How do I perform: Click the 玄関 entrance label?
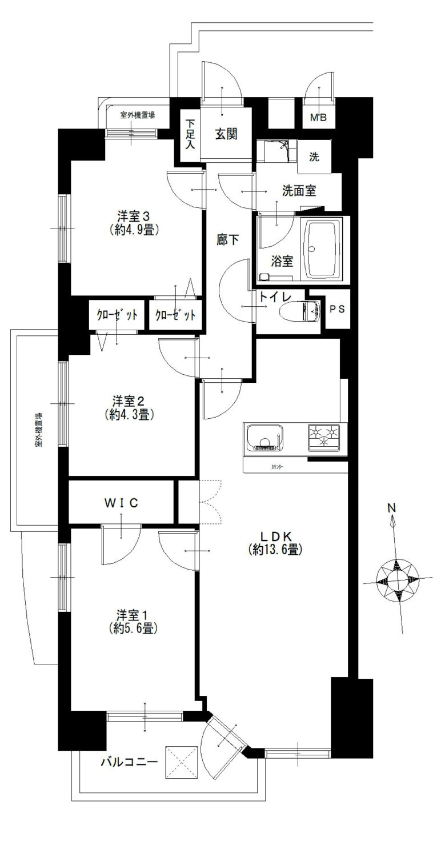226,134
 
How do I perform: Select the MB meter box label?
318,118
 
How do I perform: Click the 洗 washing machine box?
314,157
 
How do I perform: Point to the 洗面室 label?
299,190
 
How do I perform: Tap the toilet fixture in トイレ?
300,311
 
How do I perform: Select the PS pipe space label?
337,309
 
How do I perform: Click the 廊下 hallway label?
228,239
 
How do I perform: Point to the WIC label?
121,503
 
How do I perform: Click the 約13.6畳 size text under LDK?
275,550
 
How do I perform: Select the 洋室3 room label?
133,217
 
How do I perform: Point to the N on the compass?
391,508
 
